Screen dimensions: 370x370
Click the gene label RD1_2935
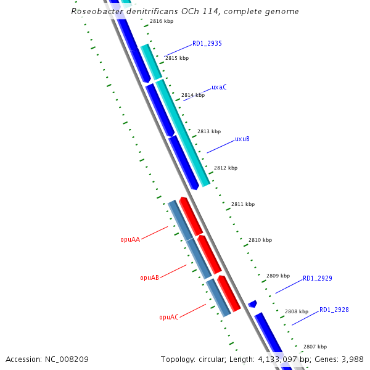(207, 44)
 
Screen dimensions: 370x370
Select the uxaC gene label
(219, 88)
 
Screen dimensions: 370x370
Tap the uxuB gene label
(242, 139)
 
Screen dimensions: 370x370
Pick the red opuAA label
(130, 239)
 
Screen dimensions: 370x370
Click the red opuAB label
(150, 278)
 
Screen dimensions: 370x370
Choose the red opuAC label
(169, 318)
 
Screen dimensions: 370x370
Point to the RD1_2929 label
(317, 279)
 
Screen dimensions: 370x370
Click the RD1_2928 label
(334, 310)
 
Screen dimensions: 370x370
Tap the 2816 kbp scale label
(162, 22)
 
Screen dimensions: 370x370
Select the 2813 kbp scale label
(209, 131)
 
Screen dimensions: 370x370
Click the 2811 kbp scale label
(243, 204)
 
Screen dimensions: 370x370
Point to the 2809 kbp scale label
(277, 276)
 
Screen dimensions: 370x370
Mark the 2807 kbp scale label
(314, 347)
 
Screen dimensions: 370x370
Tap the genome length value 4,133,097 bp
(277, 359)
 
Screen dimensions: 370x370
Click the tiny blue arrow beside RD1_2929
(252, 304)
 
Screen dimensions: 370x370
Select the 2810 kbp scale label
(260, 240)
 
